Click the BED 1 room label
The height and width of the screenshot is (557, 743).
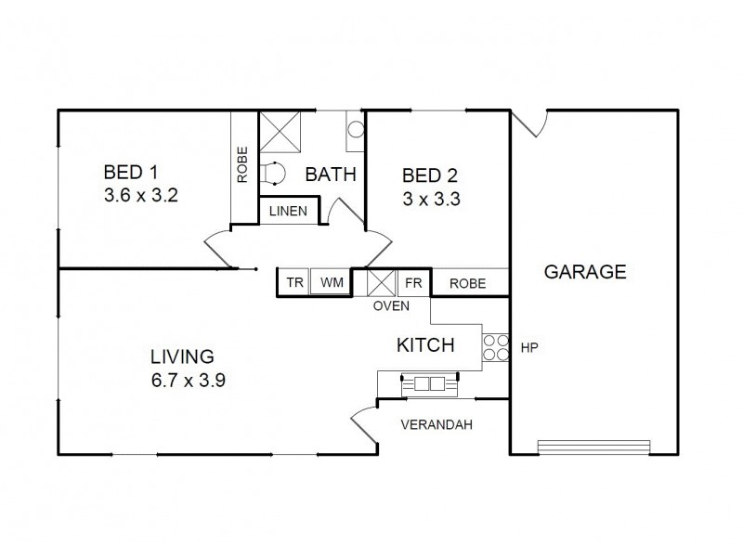point(130,172)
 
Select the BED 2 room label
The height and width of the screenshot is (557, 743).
point(429,175)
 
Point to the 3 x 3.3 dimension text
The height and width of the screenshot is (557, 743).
point(431,198)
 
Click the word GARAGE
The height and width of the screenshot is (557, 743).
point(584,272)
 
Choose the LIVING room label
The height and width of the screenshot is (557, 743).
point(182,356)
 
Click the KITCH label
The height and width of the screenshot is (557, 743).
point(425,345)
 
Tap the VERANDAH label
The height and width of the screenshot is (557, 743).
point(437,426)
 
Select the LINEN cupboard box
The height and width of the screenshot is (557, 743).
point(288,211)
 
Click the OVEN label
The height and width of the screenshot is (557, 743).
point(391,304)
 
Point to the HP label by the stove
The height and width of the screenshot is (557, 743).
point(529,348)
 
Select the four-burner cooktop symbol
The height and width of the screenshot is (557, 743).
point(495,346)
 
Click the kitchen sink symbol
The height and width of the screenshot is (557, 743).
point(428,382)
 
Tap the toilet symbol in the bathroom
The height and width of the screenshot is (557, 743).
point(273,174)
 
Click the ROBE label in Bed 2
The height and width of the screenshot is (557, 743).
point(467,283)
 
